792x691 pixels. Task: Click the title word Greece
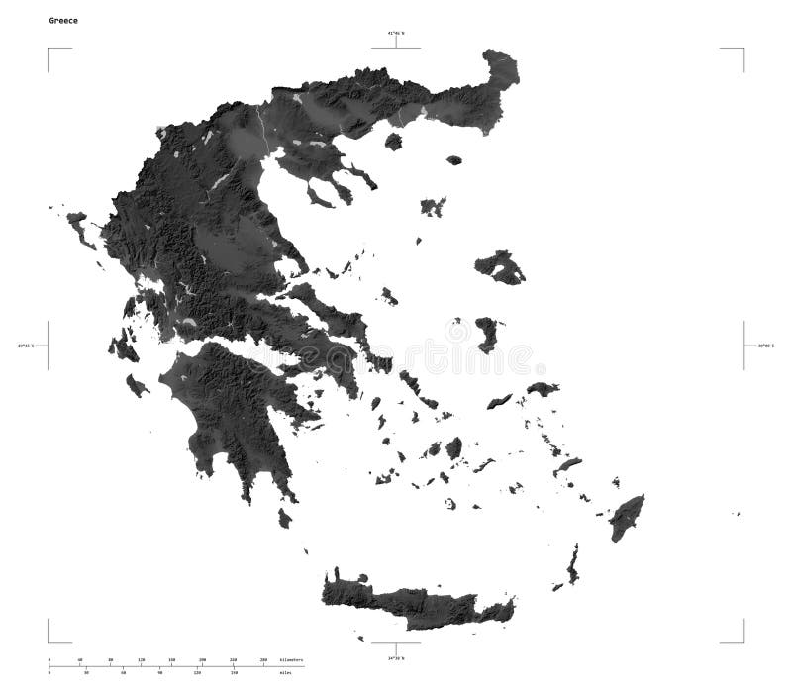pyautogui.click(x=65, y=20)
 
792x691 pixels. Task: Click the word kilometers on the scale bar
pyautogui.click(x=291, y=659)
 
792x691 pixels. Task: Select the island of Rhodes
pyautogui.click(x=626, y=517)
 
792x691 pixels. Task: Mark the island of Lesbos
pyautogui.click(x=499, y=267)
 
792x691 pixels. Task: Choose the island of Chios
pyautogui.click(x=486, y=334)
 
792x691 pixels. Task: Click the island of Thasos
pyautogui.click(x=393, y=142)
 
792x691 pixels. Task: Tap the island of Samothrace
pyautogui.click(x=454, y=159)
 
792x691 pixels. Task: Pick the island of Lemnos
pyautogui.click(x=433, y=207)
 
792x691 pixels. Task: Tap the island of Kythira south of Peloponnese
pyautogui.click(x=285, y=518)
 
